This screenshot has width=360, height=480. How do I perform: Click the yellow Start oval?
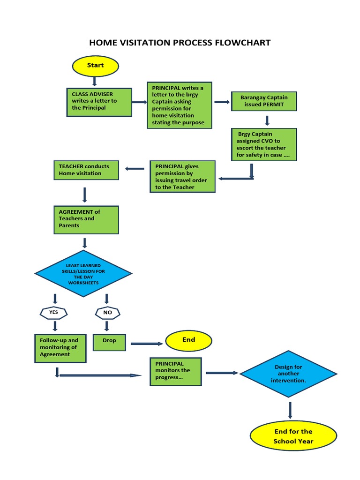click(95, 66)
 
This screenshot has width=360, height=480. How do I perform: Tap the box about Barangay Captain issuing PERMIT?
click(264, 101)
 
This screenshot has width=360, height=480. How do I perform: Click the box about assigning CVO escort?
click(264, 144)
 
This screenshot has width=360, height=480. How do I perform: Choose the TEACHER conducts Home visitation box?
click(86, 170)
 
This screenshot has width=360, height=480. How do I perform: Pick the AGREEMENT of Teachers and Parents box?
click(86, 219)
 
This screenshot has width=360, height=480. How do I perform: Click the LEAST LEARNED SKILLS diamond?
click(83, 274)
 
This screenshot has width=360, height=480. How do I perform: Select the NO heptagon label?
click(107, 312)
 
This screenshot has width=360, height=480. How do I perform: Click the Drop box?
click(109, 342)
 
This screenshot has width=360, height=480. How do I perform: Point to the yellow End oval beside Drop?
click(188, 340)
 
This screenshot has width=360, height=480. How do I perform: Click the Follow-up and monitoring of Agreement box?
click(60, 348)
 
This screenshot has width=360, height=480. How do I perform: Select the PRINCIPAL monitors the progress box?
click(176, 371)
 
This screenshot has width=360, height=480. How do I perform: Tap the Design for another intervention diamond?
click(288, 374)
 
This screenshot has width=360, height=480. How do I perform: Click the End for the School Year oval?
click(293, 436)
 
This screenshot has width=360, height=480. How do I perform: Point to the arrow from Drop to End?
click(146, 344)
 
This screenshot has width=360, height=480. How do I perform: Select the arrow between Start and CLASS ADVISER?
click(95, 81)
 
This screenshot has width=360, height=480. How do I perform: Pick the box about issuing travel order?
click(182, 177)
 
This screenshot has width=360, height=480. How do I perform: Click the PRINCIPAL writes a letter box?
click(179, 105)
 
